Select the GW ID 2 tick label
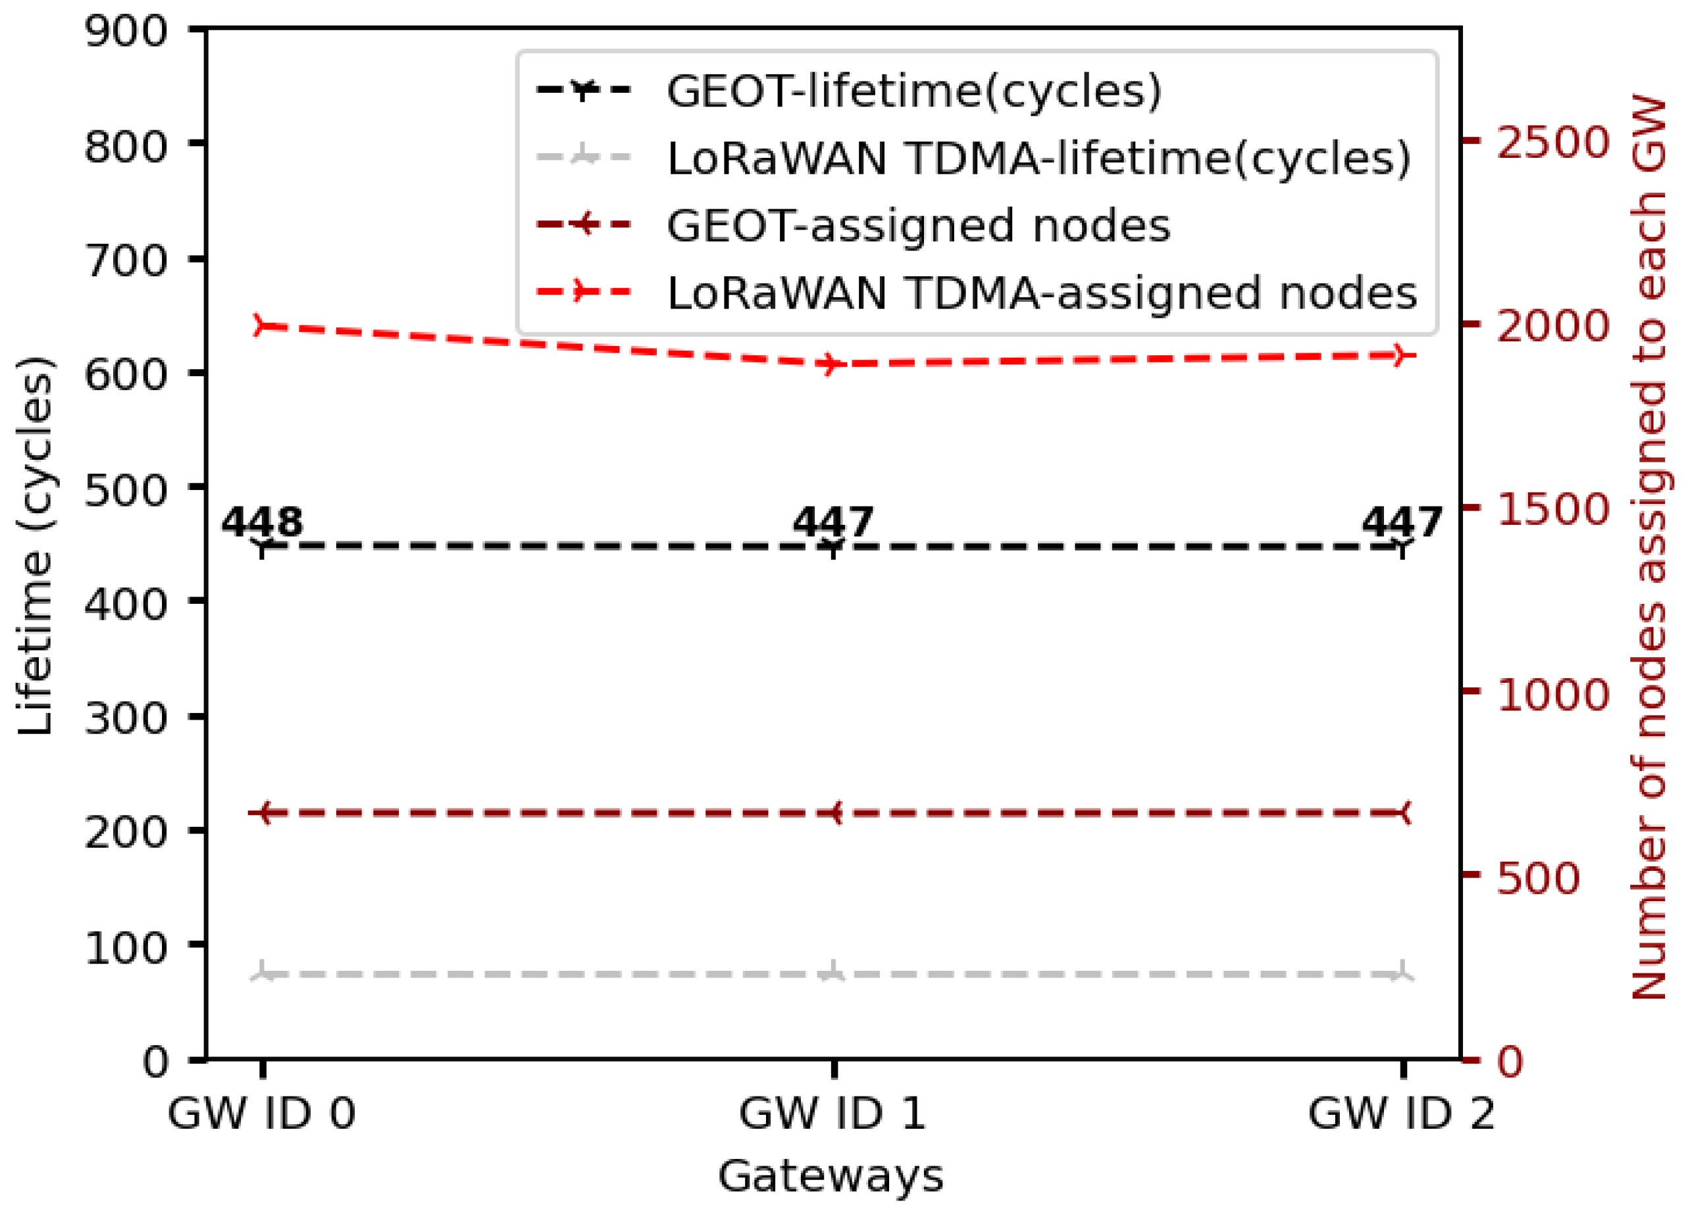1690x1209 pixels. pyautogui.click(x=1401, y=1114)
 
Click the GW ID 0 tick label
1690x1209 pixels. pyautogui.click(x=261, y=1114)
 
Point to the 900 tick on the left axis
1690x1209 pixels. pyautogui.click(x=125, y=32)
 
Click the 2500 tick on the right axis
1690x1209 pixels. pyautogui.click(x=1552, y=141)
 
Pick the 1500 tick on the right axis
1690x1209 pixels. pyautogui.click(x=1552, y=509)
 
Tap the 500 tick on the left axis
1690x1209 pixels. pyautogui.click(x=125, y=491)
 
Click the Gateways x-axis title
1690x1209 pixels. pyautogui.click(x=831, y=1177)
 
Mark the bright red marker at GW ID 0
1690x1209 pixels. pyautogui.click(x=261, y=326)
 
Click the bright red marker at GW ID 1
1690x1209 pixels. pyautogui.click(x=832, y=364)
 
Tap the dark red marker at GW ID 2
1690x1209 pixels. pyautogui.click(x=1402, y=813)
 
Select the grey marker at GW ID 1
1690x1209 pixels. pyautogui.click(x=832, y=973)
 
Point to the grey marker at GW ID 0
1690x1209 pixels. pyautogui.click(x=261, y=973)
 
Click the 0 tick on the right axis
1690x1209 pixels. pyautogui.click(x=1509, y=1061)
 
